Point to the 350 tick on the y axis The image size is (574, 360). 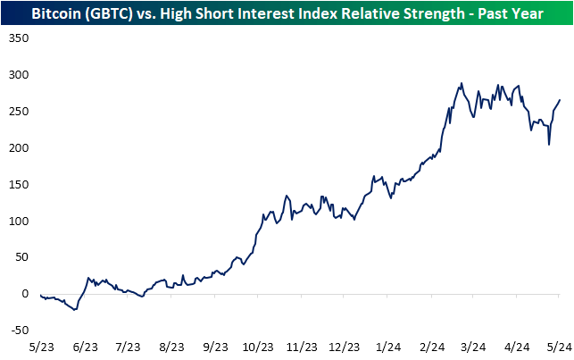[19, 39]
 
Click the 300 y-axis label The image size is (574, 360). [19, 75]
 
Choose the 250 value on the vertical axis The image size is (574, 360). [19, 112]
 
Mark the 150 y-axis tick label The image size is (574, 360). [19, 184]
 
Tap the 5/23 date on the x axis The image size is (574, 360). [41, 346]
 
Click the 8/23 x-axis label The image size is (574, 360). [171, 346]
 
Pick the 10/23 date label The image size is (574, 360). [257, 346]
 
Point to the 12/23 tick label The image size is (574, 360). [344, 346]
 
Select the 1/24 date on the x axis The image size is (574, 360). [387, 346]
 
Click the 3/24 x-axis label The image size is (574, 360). [474, 346]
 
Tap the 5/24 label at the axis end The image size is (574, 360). [558, 346]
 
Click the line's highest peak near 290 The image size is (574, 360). [462, 84]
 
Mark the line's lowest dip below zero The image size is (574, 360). [75, 310]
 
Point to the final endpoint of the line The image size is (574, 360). [560, 100]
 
